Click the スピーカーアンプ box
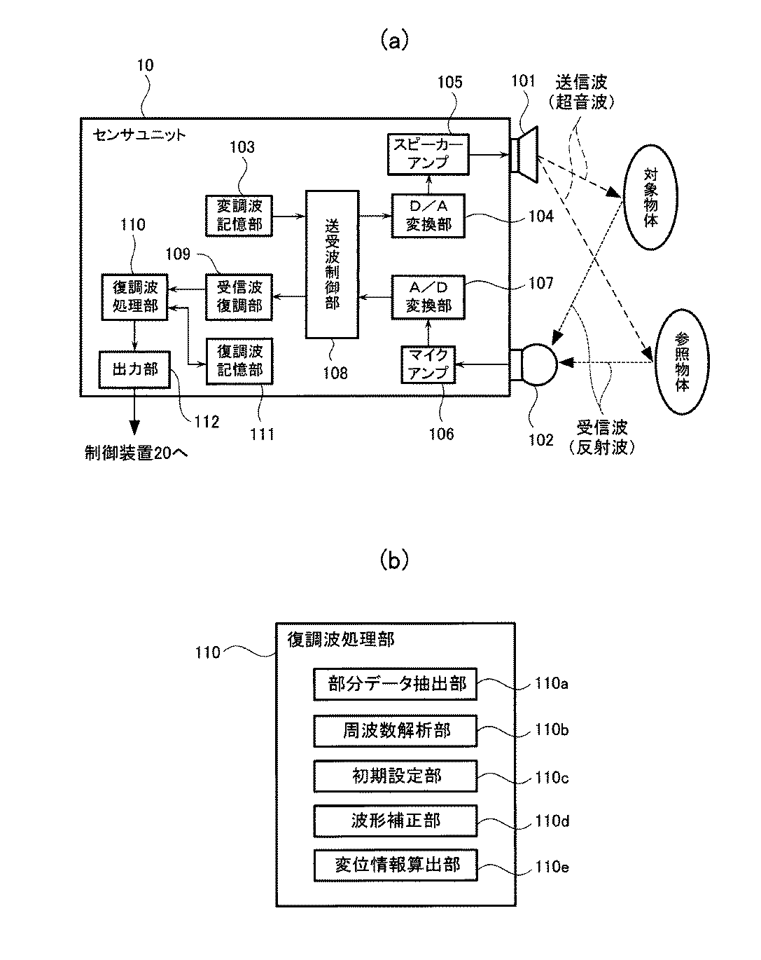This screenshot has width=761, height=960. coord(428,154)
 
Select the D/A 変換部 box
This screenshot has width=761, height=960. coord(428,215)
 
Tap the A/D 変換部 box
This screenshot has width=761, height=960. coord(428,297)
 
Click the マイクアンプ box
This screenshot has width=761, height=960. coord(428,364)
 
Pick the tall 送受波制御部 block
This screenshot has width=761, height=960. coord(332,265)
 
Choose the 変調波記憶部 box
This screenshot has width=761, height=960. coord(239,215)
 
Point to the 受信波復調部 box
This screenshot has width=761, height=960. coord(239,297)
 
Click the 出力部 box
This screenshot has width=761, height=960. coord(134,370)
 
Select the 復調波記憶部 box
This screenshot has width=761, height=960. coord(239,362)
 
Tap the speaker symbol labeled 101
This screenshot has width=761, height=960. coord(524,155)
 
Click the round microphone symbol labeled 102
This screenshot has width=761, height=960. coord(533,364)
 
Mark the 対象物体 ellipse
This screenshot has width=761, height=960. coord(650,197)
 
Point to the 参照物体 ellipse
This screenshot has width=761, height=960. coord(682,362)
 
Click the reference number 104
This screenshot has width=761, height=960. coord(540,217)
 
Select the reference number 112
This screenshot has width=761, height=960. coord(207,422)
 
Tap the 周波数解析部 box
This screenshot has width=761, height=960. coord(396,731)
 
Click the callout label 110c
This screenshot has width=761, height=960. coord(552,778)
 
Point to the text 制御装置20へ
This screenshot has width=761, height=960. coord(137,453)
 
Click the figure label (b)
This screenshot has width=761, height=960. coord(394,560)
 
